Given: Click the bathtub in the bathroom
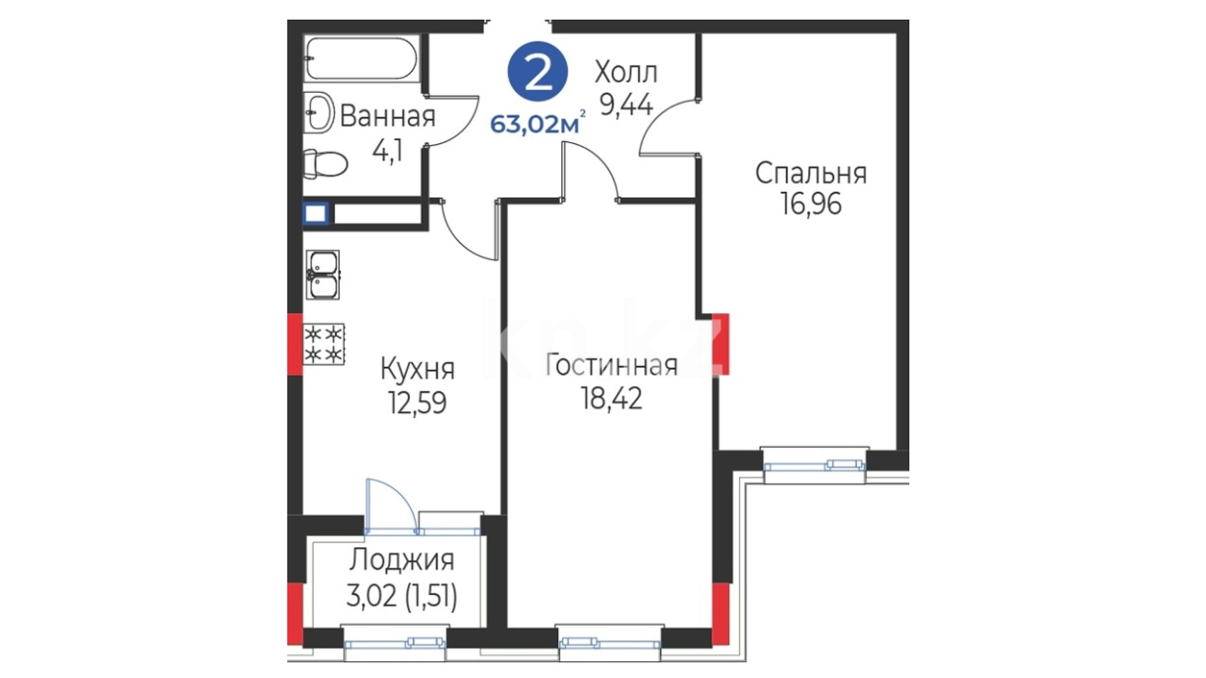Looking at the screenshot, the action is point(361,58).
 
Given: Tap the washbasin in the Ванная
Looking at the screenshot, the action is point(318,112).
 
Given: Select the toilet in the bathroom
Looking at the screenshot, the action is point(325,164).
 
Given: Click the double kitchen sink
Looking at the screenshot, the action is point(323,274).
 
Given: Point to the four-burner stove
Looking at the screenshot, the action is point(324,344).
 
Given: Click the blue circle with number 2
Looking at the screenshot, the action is point(538,72).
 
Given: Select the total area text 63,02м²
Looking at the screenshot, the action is point(538,124).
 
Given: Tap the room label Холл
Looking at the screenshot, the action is point(626,73).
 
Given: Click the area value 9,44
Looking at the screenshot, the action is point(626,104).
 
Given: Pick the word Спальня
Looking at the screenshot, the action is point(811,173).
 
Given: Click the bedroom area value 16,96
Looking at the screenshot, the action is point(811,204).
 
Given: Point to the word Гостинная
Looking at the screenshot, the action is point(611,365).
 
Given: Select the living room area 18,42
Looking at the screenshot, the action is point(611,398).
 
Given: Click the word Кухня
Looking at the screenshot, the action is point(417,369).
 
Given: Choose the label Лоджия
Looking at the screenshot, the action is point(401,560).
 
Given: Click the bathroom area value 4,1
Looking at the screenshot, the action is point(388,151).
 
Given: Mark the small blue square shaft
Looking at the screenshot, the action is point(315,213).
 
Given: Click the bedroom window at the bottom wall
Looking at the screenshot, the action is point(815,465).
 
